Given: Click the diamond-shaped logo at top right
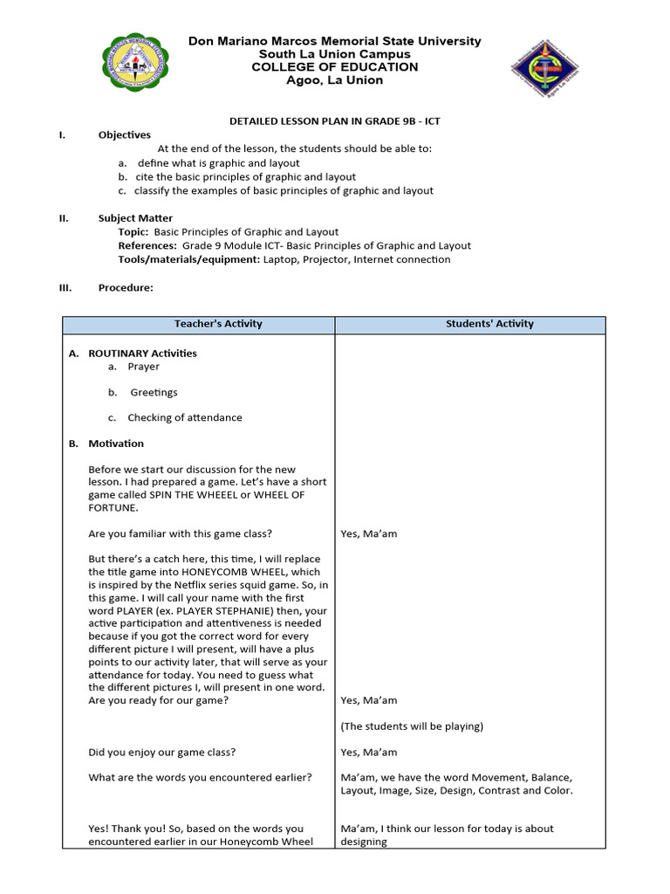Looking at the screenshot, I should point(544,69).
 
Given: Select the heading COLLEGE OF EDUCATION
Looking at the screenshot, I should point(335,67).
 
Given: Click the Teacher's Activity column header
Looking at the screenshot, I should point(218,324).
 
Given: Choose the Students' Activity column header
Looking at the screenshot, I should point(489,324).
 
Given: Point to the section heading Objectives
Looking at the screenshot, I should point(124,135).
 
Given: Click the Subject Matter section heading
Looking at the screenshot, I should point(135,218).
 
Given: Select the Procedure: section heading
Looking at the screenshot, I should point(126,287).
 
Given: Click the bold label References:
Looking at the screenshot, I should point(147,246).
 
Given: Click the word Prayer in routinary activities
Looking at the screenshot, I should point(143,367).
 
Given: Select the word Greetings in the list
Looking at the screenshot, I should point(154,393).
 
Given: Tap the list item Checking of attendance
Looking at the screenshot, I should point(185,417).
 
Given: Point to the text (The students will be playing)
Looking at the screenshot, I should point(412,726).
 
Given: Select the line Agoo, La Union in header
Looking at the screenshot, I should point(335,81).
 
